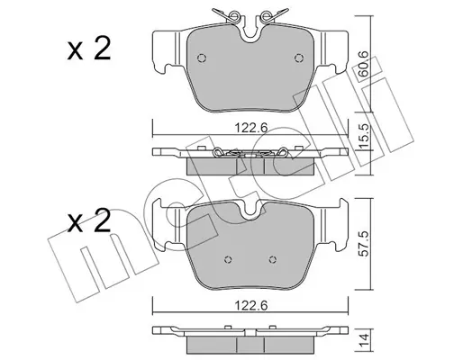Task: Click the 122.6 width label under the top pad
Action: [250, 128]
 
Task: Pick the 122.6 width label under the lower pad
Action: [250, 306]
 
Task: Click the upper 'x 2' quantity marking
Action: [89, 49]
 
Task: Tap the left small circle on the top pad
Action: [202, 58]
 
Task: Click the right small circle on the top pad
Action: [299, 58]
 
